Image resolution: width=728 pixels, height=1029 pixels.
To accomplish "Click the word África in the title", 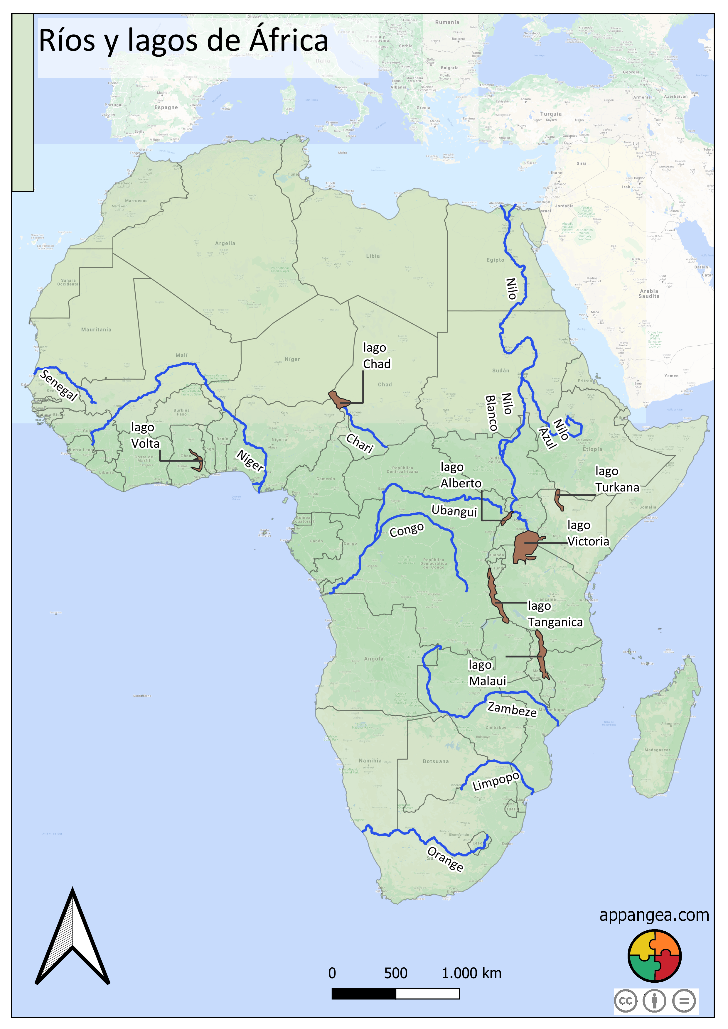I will (x=289, y=40).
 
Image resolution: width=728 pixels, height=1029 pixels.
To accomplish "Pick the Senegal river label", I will (x=59, y=385).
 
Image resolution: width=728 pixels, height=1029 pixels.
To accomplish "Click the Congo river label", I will (x=407, y=530).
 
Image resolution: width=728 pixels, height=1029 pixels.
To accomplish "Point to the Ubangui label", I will (x=454, y=511).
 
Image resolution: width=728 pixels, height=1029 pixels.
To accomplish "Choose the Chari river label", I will (x=360, y=444).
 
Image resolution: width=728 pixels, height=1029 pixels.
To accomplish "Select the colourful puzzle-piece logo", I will (x=655, y=956).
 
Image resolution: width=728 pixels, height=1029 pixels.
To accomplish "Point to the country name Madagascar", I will (x=657, y=750).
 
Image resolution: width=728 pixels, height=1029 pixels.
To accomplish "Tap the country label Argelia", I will (x=225, y=243).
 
